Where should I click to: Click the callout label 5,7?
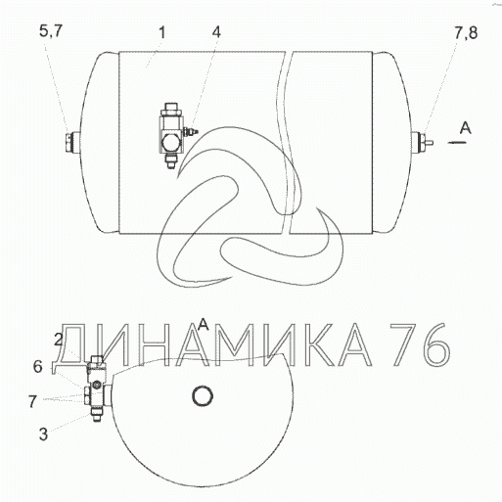coord(50,31)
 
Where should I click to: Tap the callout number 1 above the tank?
coord(162,32)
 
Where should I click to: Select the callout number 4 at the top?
coord(216,32)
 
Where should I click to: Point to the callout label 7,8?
coord(466,33)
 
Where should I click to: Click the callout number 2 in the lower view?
coord(59,341)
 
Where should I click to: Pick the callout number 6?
coord(38,367)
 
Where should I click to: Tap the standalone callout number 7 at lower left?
coord(32,401)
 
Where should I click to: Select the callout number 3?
coord(43,434)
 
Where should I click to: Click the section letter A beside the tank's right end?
coord(466,128)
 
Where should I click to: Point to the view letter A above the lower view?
coord(204,324)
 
